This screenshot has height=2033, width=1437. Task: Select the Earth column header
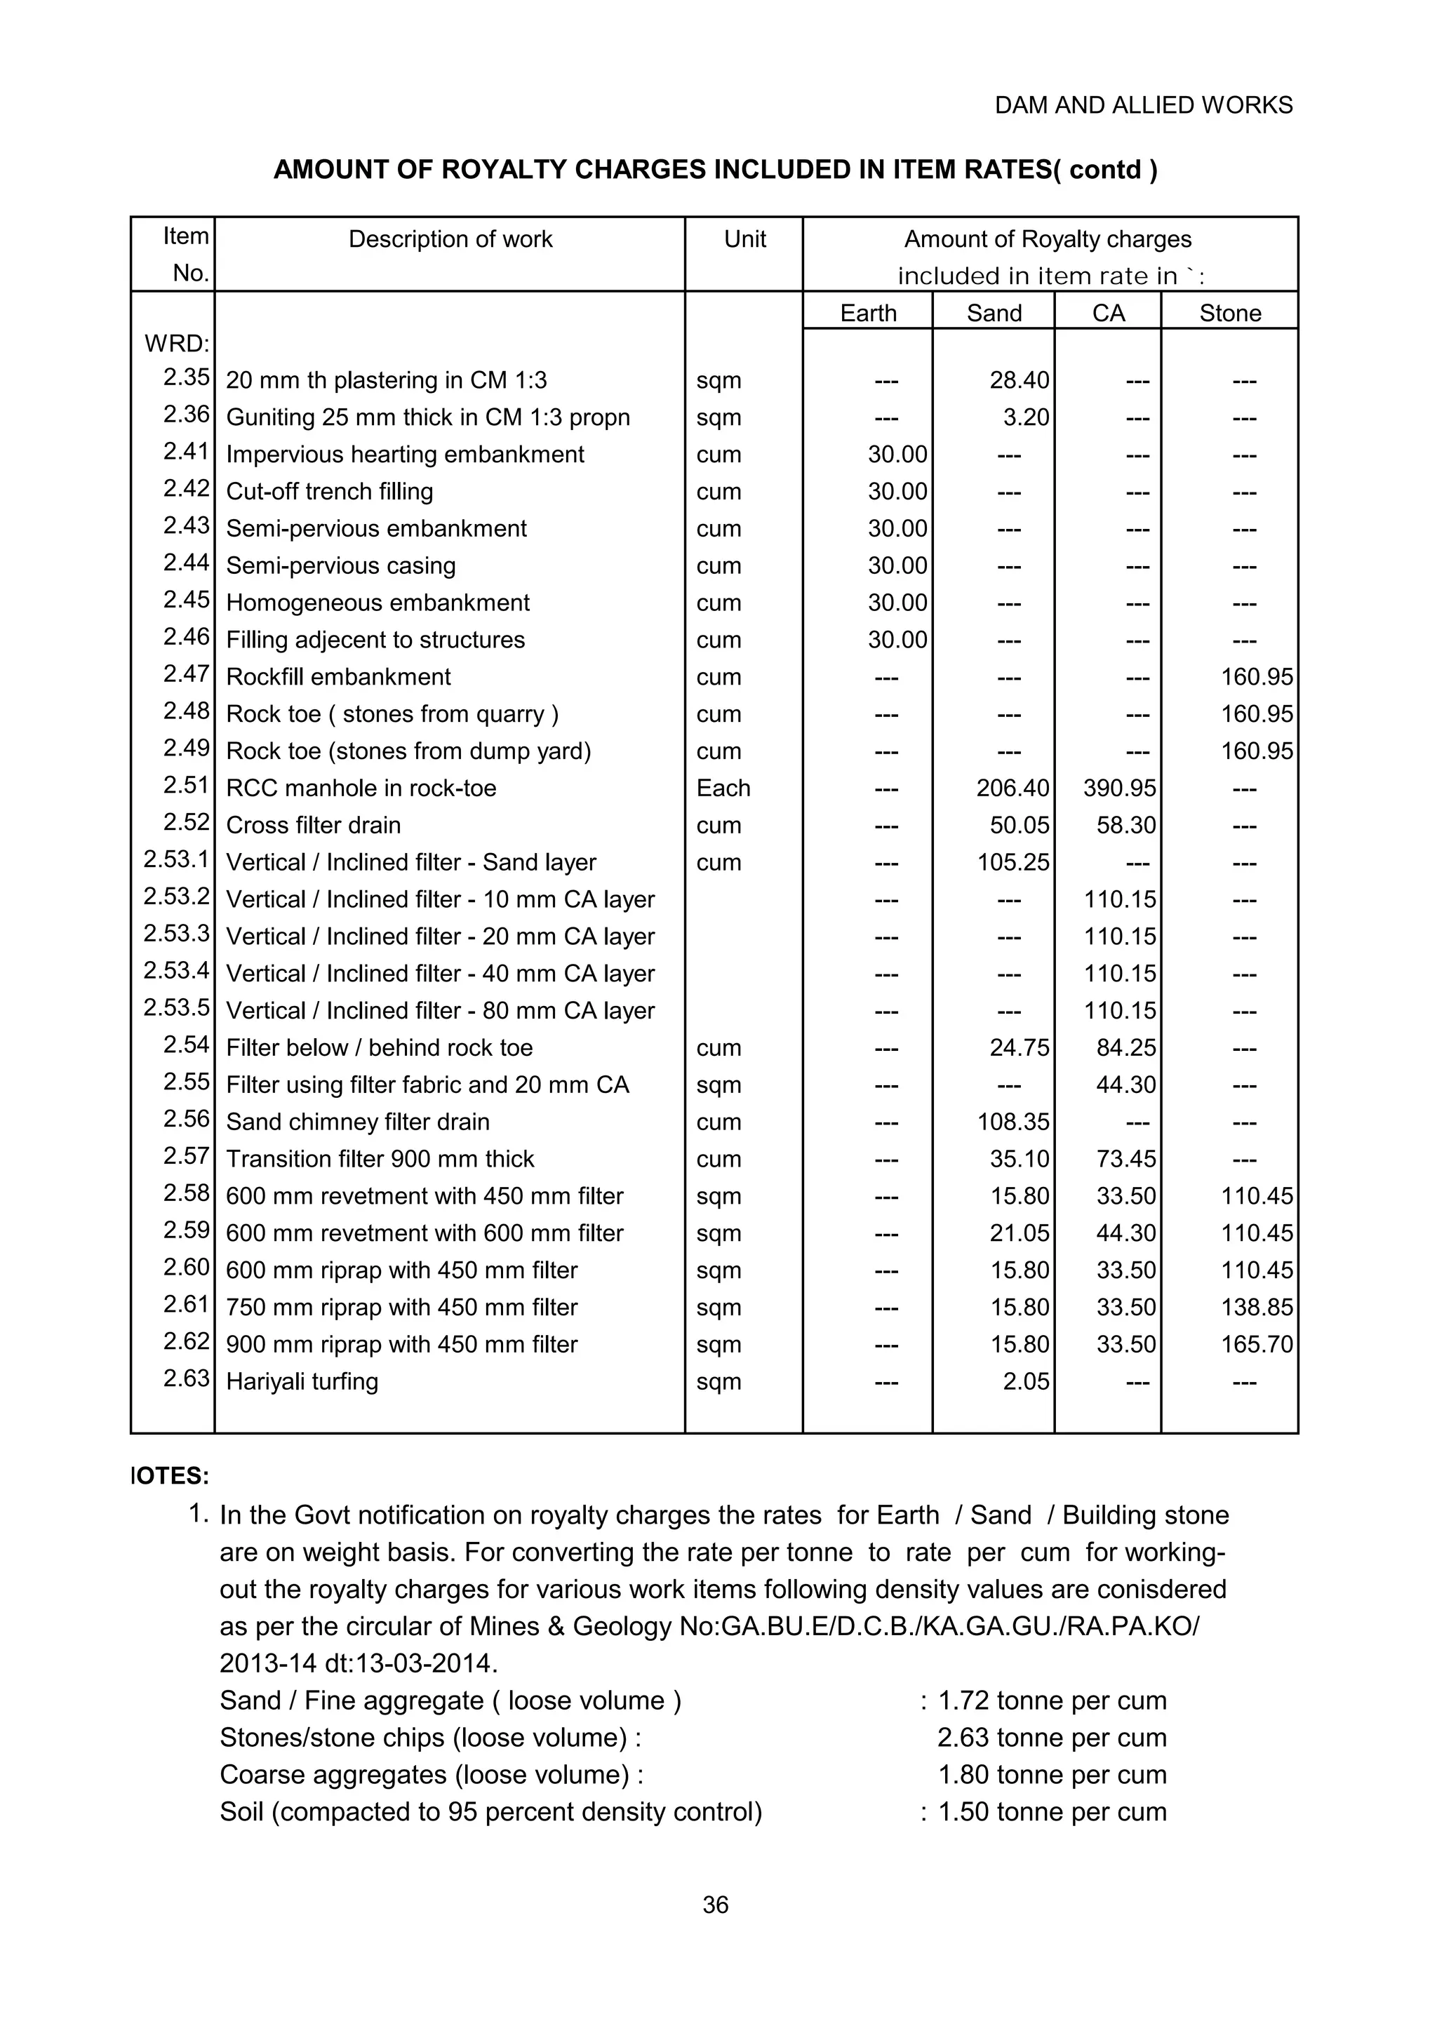coord(868,313)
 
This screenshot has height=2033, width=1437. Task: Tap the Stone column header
coord(1230,313)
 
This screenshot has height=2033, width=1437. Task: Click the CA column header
coord(1108,313)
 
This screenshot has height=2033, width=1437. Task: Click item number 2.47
coord(186,674)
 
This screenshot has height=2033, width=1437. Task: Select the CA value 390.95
coord(1119,788)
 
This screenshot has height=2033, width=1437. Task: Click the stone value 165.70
coord(1257,1344)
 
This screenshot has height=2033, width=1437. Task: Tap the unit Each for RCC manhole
coord(723,788)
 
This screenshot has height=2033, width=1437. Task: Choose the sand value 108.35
coord(1013,1122)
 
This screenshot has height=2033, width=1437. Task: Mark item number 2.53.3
coord(177,933)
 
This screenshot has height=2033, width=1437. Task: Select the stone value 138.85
coord(1257,1307)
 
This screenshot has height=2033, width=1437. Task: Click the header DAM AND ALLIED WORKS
coord(1143,105)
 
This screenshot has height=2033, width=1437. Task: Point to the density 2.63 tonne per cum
coord(1052,1737)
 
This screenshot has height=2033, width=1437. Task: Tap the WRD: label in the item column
coord(177,344)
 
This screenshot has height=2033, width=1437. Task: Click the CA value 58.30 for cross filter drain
coord(1125,825)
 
